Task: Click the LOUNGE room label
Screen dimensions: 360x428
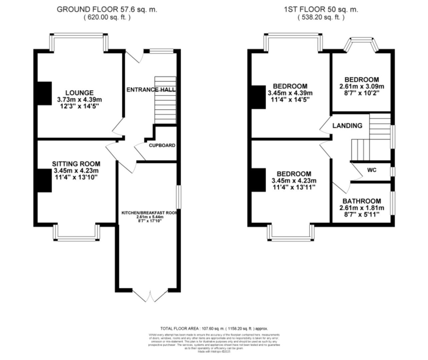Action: coord(79,93)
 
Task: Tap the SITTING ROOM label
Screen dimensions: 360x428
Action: coord(76,164)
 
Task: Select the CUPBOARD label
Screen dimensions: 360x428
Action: coord(162,146)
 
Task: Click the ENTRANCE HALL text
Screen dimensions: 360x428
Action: coord(151,90)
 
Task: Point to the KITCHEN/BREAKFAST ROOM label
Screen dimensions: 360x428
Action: coord(149,213)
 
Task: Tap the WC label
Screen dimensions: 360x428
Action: coord(372,170)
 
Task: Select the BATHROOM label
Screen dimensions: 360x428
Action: coord(362,201)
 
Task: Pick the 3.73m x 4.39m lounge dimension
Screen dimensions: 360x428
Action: coord(79,99)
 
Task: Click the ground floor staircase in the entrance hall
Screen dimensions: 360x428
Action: coord(165,100)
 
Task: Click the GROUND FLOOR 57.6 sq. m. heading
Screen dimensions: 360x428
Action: coord(107,9)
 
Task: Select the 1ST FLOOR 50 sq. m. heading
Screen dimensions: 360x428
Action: coord(321,9)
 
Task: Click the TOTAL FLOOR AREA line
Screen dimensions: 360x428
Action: coord(214,328)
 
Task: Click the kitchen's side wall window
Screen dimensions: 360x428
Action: coord(178,197)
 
